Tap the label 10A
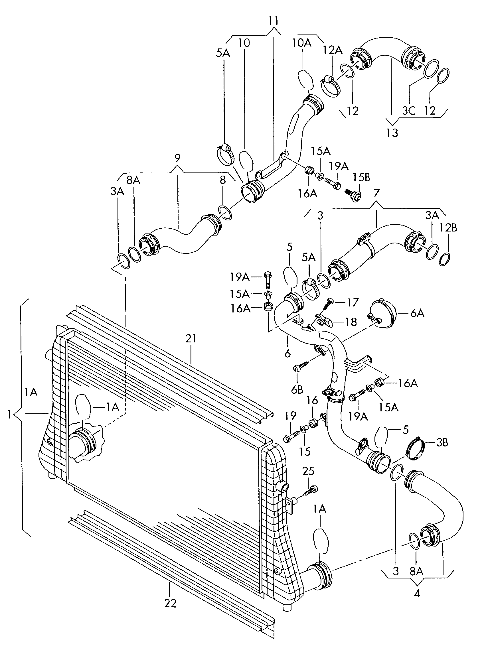(301, 43)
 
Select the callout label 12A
(333, 50)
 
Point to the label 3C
(409, 110)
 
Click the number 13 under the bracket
(392, 133)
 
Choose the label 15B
(361, 178)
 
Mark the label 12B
(448, 228)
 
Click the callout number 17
(352, 302)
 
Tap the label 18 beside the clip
(351, 322)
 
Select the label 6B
(297, 390)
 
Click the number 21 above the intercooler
(191, 339)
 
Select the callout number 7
(376, 193)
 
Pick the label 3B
(442, 442)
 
